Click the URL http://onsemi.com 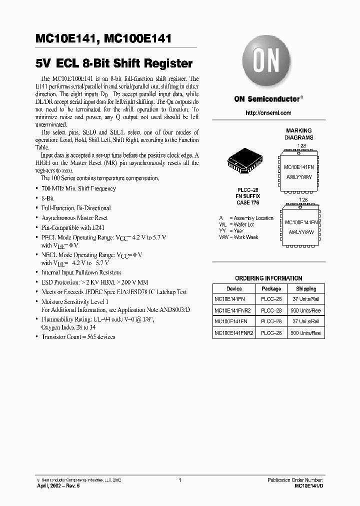click(x=268, y=113)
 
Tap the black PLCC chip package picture click(x=243, y=162)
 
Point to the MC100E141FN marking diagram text click(x=301, y=221)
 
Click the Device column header click(x=233, y=288)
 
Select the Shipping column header click(x=305, y=288)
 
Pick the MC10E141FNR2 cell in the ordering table click(x=233, y=310)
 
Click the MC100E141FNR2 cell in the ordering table click(x=234, y=332)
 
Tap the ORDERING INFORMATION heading click(x=268, y=278)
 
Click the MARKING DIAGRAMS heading click(x=299, y=134)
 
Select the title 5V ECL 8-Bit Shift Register click(x=114, y=63)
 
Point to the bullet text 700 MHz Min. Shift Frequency click(x=78, y=188)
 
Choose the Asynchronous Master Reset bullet click(x=74, y=217)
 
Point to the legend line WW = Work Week click(x=239, y=237)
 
